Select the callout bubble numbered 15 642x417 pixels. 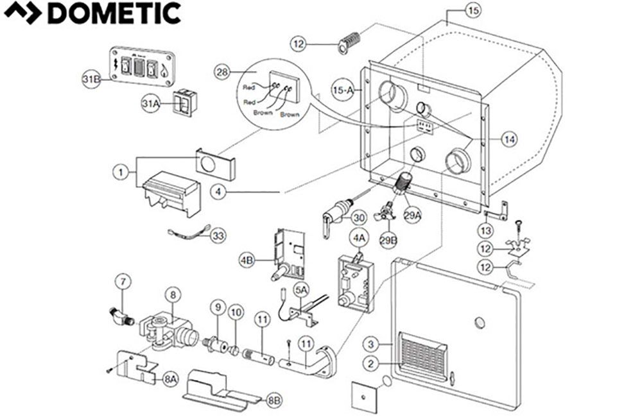point(473,11)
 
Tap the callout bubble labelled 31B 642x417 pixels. point(91,79)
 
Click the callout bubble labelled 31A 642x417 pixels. point(151,102)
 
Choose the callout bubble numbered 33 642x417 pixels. point(219,237)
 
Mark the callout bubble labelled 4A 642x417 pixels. point(358,237)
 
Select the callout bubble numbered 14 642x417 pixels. point(508,139)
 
